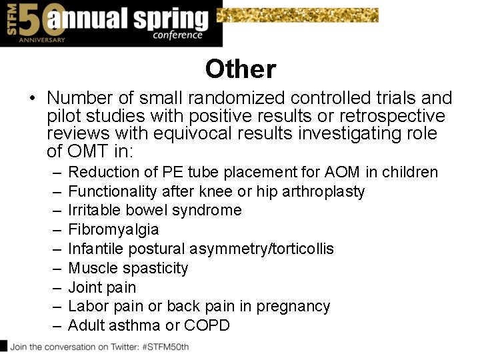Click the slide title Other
click(x=240, y=69)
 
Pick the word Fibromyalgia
click(x=113, y=229)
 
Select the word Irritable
click(x=93, y=210)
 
